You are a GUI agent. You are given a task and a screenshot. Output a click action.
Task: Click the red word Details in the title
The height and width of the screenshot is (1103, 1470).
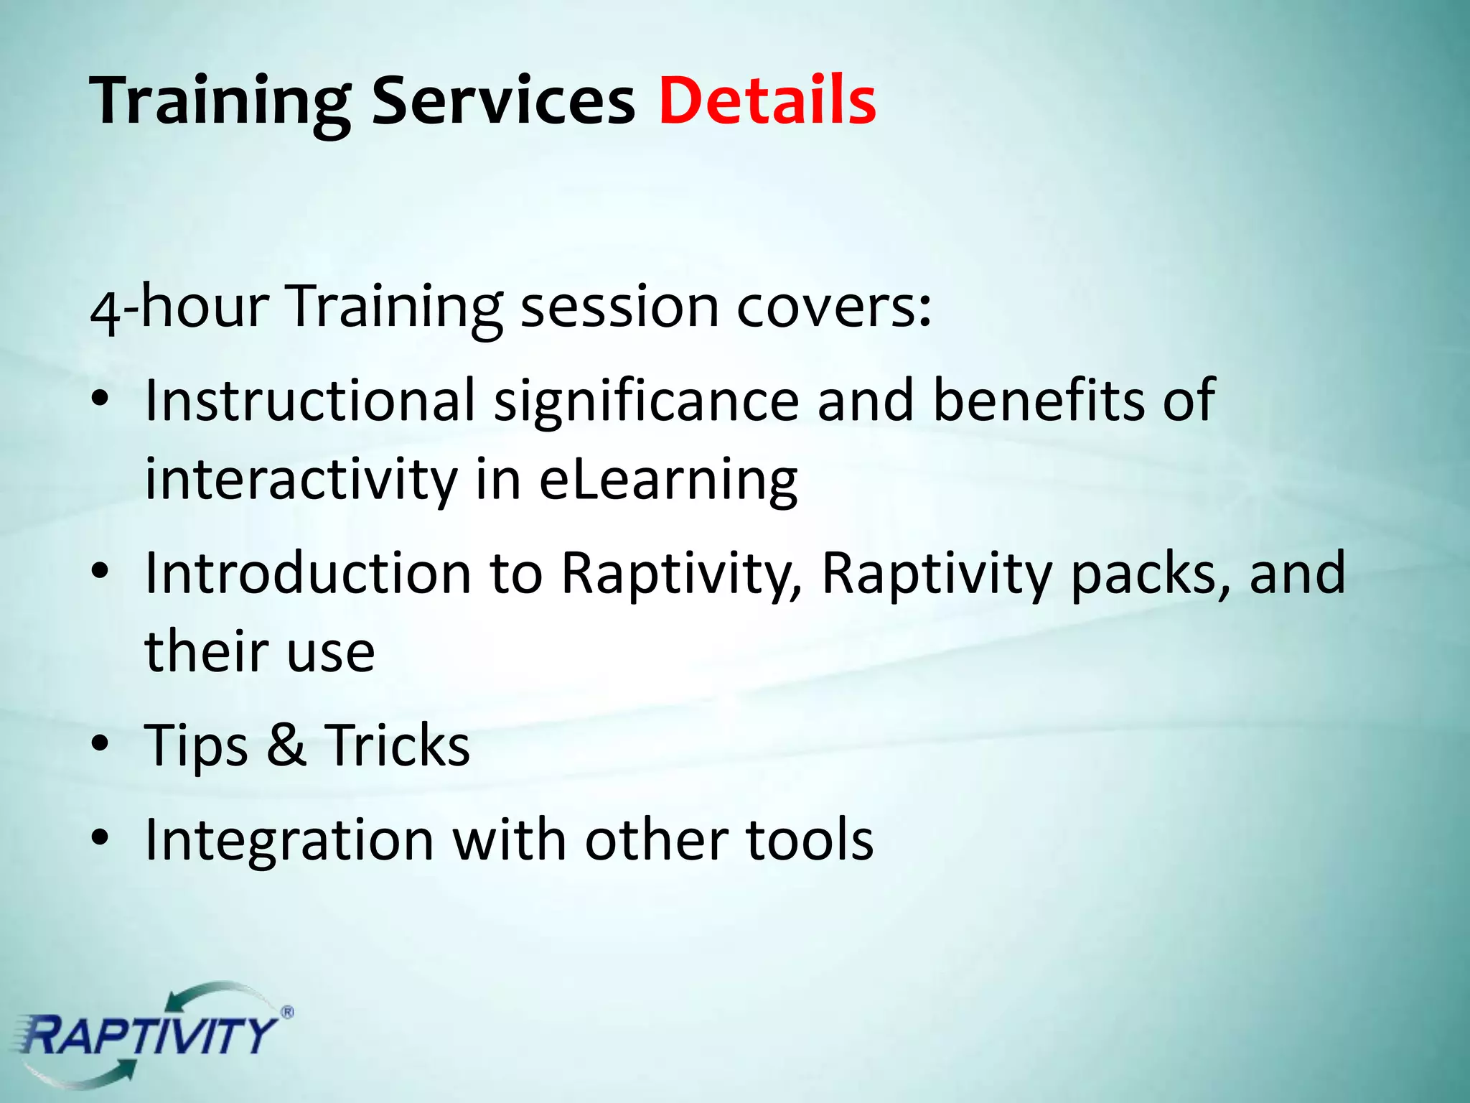(x=767, y=101)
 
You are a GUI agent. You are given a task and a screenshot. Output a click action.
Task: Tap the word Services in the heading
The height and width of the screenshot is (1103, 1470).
(x=503, y=101)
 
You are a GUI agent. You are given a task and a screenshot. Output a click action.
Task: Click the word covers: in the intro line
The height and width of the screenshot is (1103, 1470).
(x=834, y=307)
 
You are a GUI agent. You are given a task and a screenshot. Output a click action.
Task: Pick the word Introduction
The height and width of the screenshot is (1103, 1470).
(x=308, y=574)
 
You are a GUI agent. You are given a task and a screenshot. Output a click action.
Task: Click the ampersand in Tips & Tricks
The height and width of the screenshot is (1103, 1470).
(x=286, y=745)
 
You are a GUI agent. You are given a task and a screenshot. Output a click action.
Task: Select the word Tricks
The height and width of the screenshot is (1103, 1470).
(x=397, y=745)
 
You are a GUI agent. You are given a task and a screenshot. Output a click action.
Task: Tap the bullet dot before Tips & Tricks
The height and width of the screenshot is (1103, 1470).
(x=100, y=744)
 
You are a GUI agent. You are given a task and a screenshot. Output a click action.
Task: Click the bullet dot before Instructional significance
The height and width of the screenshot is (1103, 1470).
(x=100, y=399)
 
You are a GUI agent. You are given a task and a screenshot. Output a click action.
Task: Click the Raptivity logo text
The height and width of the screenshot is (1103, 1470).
(x=147, y=1035)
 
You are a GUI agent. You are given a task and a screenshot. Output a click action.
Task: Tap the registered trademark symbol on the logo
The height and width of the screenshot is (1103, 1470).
(x=286, y=1013)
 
